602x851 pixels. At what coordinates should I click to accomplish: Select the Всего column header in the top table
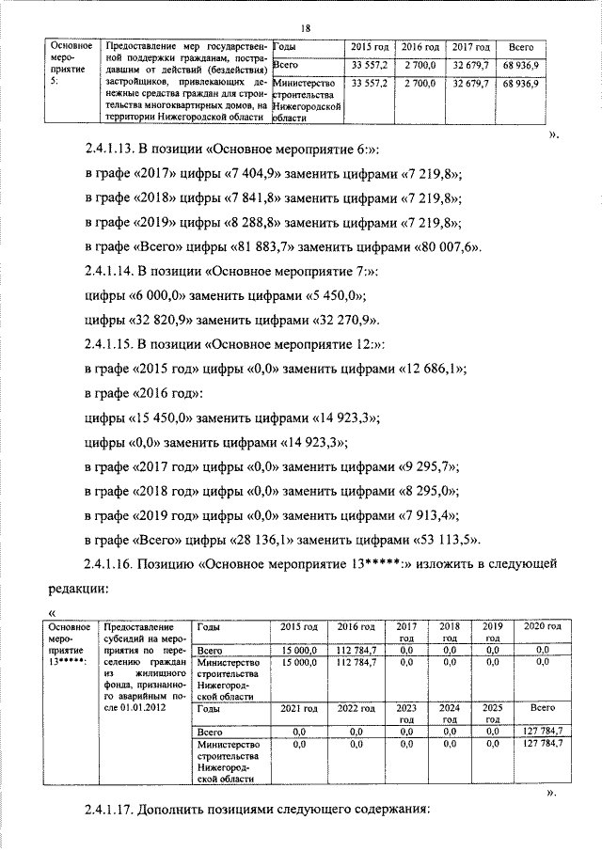tap(520, 47)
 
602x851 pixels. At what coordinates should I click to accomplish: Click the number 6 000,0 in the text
tap(149, 296)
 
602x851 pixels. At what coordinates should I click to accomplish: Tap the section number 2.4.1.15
tap(117, 345)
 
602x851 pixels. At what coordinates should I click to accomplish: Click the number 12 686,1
tap(425, 370)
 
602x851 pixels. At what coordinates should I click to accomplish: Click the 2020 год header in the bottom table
tap(541, 626)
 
